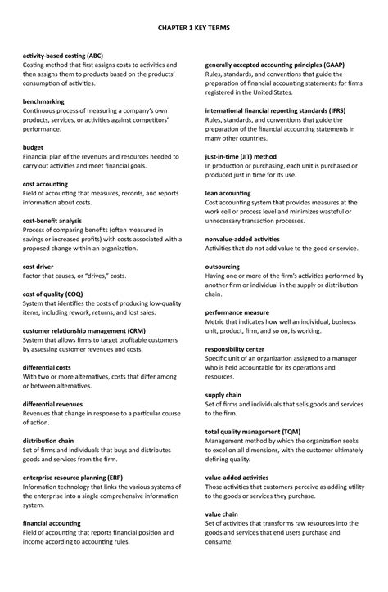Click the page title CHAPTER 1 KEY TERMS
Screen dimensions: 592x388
click(193, 27)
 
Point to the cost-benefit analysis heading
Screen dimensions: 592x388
click(52, 220)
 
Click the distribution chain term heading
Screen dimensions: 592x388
click(48, 441)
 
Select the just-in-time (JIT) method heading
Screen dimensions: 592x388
click(241, 155)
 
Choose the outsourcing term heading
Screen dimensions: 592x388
click(223, 266)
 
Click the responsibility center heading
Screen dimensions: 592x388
click(234, 348)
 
